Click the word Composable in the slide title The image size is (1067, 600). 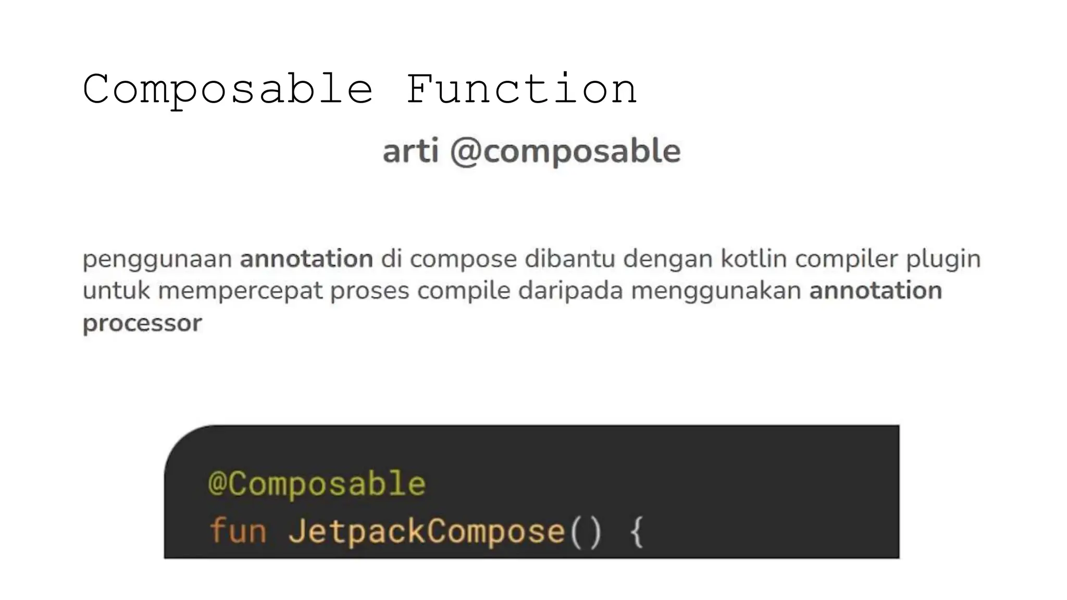228,90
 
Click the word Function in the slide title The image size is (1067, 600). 521,90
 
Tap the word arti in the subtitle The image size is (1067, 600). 411,151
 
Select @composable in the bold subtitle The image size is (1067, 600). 565,152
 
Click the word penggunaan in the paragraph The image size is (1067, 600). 157,259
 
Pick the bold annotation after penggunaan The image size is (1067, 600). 306,259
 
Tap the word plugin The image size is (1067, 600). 943,259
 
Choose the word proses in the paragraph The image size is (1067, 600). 369,291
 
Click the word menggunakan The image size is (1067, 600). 716,291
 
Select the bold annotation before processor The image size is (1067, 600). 875,291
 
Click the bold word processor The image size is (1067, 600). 142,323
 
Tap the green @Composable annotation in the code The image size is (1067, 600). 317,484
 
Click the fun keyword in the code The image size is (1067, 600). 238,531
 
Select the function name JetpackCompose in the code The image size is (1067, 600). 427,532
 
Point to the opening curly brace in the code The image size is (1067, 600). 637,532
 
